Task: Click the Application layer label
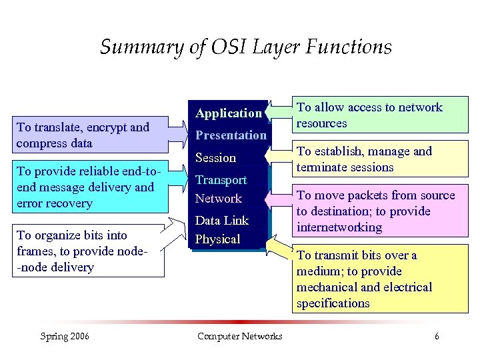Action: pos(229,113)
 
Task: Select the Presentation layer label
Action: pos(231,135)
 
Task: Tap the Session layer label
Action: pos(215,158)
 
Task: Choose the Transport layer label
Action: pos(221,180)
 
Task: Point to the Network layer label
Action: pos(218,199)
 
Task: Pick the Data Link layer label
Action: pos(221,221)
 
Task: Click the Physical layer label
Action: pos(217,239)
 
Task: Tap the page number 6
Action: pos(437,336)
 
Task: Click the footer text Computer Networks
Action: pos(240,336)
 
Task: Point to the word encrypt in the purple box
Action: pos(110,127)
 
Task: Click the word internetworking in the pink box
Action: pos(339,227)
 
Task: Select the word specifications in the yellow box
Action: pos(333,303)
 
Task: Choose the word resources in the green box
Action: pos(321,123)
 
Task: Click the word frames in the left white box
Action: pos(35,251)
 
